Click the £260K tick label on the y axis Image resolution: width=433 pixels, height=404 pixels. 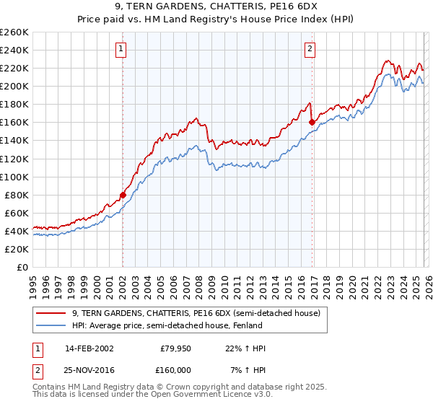click(14, 32)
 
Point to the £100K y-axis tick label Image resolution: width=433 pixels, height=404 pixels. click(14, 177)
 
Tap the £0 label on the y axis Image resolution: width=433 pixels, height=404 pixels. click(22, 267)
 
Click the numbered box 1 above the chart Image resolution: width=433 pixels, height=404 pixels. click(121, 49)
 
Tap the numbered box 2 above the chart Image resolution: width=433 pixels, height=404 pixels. click(310, 49)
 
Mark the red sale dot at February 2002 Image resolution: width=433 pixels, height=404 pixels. click(123, 195)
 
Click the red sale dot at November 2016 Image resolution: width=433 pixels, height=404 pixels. click(312, 123)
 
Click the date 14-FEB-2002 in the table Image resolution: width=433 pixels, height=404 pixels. click(89, 349)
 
